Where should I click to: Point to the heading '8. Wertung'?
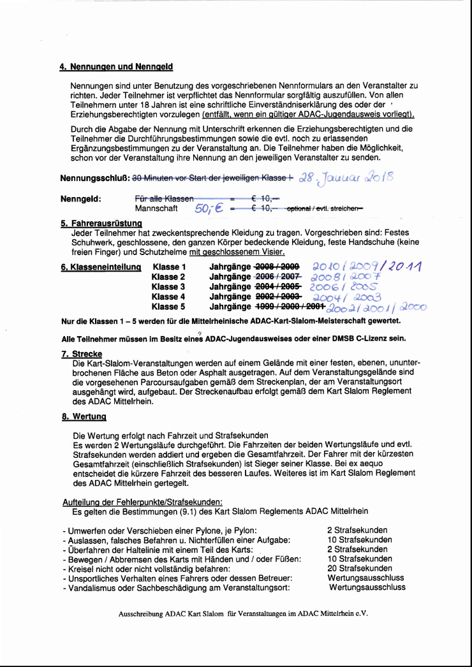84,416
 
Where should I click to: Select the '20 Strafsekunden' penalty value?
359,568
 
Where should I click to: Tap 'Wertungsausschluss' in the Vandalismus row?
367,587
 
